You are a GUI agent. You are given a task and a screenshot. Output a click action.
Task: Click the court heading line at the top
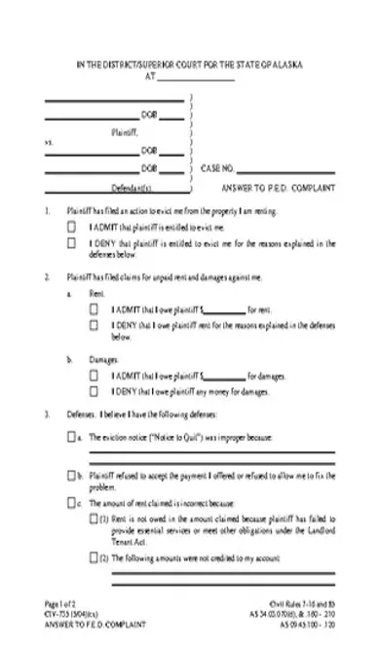click(x=190, y=64)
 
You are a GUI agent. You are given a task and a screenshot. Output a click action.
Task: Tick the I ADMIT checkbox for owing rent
click(x=94, y=308)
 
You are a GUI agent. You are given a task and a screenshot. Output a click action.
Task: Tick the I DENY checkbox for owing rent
click(x=94, y=325)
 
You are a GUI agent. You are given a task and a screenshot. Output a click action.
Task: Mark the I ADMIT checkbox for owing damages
click(x=94, y=375)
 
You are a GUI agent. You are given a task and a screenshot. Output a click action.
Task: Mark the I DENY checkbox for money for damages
click(x=94, y=391)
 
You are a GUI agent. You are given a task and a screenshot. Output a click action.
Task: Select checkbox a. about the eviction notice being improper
click(x=71, y=439)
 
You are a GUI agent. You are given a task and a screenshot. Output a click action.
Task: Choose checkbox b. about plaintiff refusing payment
click(x=71, y=477)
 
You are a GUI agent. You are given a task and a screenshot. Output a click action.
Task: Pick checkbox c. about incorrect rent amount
click(x=71, y=505)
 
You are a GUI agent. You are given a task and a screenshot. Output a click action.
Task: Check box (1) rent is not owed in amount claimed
click(x=94, y=520)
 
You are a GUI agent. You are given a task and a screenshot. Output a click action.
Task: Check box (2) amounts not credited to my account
click(x=94, y=559)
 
